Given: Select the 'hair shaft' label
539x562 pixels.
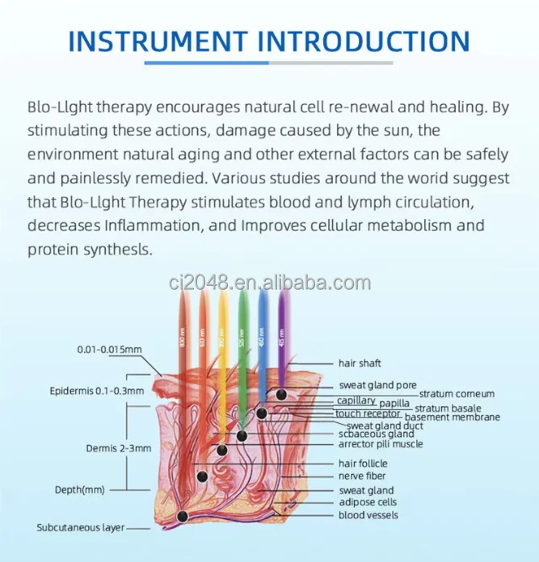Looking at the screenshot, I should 360,364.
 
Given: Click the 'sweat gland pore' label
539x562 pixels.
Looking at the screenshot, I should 378,385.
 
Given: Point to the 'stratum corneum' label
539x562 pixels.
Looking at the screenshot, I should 457,394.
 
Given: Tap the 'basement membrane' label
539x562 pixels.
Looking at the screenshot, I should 452,417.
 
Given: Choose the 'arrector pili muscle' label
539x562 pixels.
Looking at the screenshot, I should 381,444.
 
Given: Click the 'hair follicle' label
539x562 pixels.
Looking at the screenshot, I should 363,463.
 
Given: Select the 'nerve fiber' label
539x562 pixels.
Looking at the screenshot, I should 360,476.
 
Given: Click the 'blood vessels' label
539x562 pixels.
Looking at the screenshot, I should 368,515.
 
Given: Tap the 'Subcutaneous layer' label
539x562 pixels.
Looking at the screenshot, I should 80,528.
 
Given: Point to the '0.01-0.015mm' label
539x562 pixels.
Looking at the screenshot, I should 110,350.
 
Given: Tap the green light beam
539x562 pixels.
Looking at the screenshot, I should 242,347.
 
